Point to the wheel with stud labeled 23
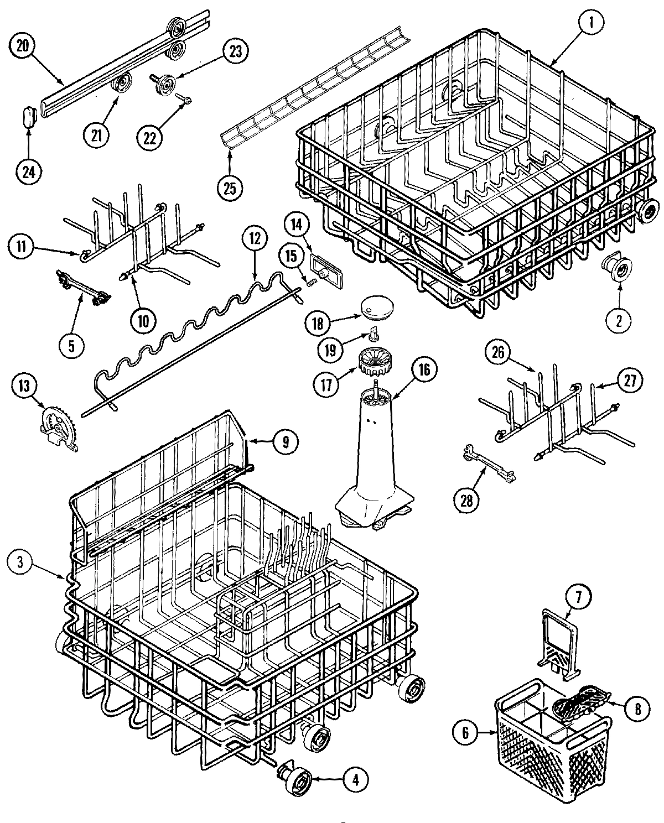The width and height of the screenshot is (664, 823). coord(163,85)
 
